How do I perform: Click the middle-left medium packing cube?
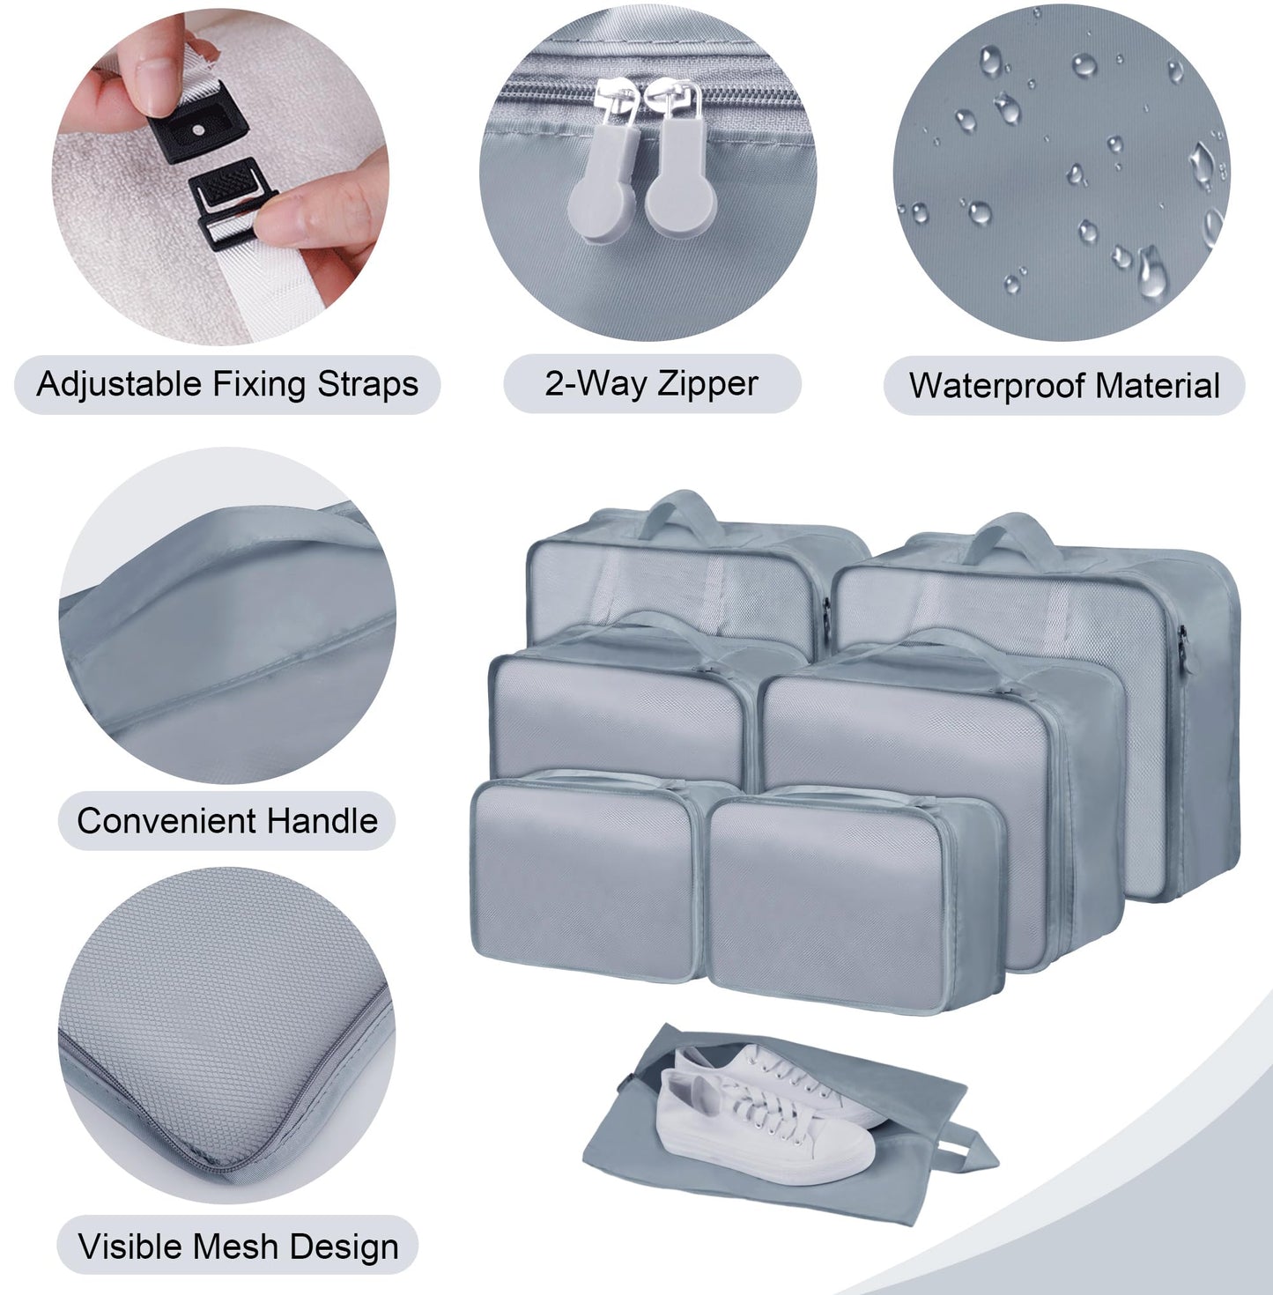pos(617,709)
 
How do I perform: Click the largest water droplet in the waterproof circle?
pos(1150,271)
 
